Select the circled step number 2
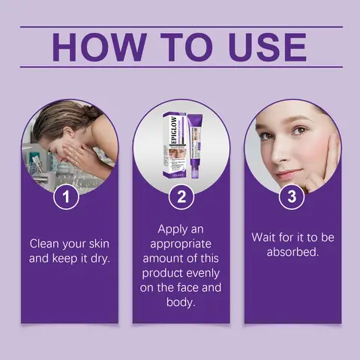point(181,197)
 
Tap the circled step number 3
point(292,197)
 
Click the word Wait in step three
point(265,237)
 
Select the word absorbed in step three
point(292,252)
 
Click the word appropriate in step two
point(181,243)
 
